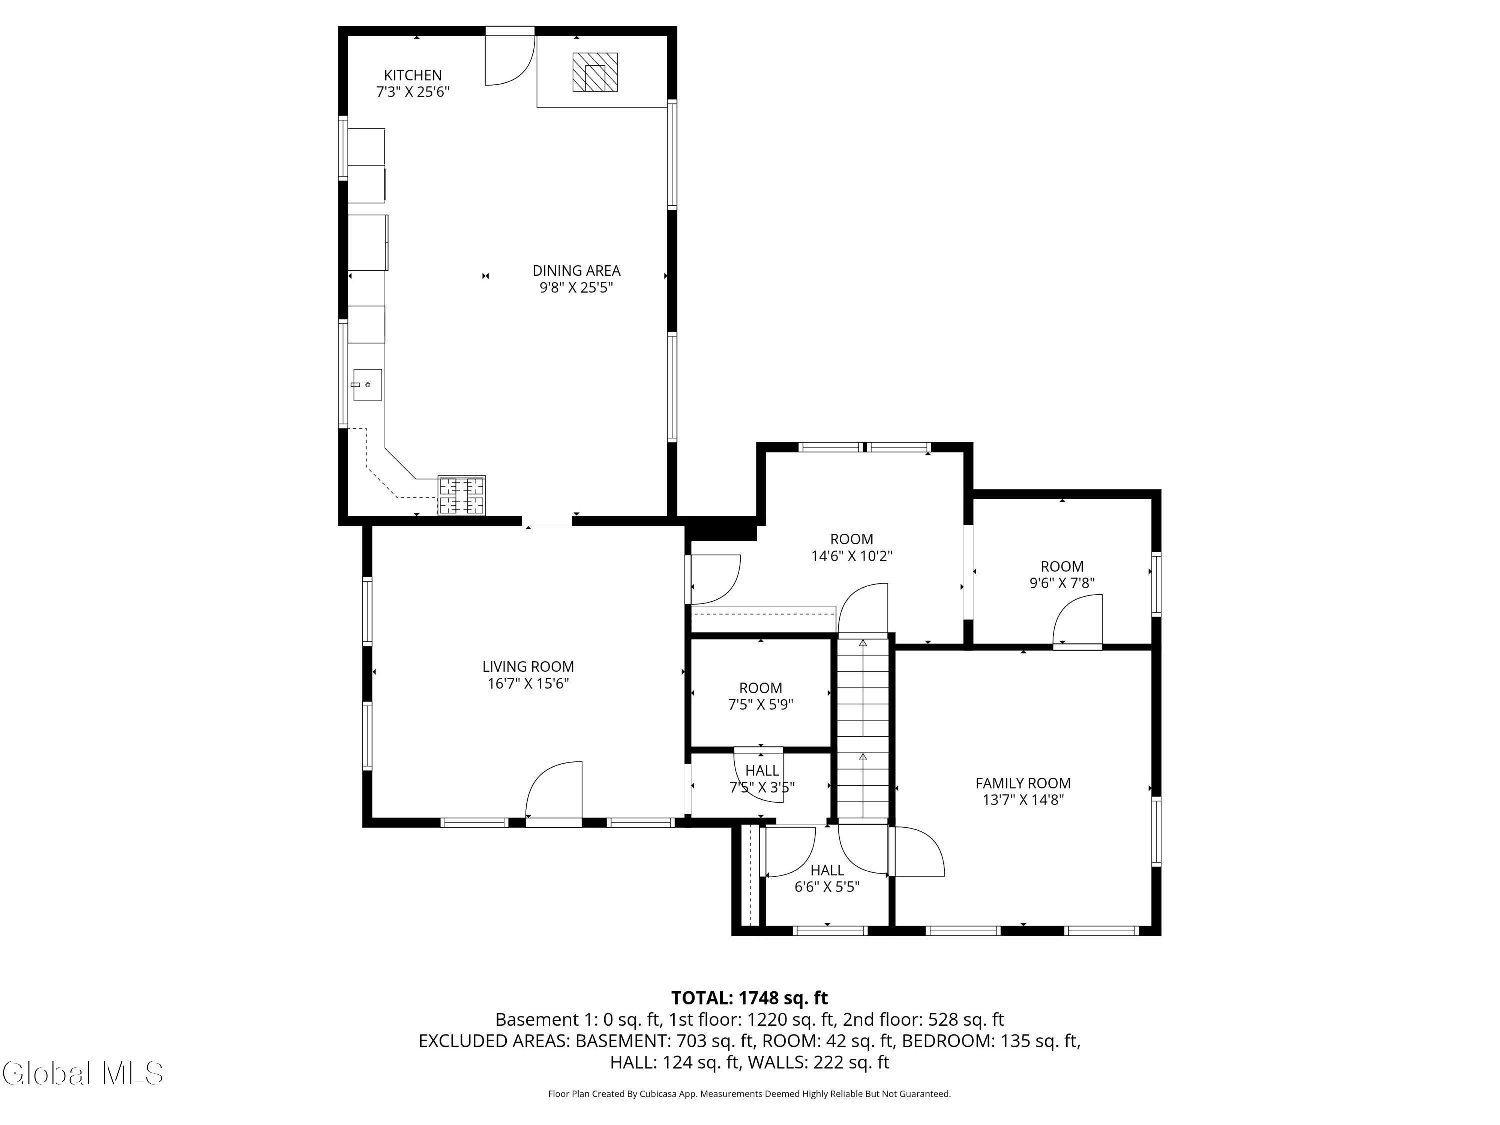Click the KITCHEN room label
(x=413, y=75)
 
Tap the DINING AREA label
(x=576, y=270)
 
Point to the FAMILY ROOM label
(x=1023, y=783)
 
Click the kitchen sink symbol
(x=367, y=385)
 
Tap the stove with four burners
(x=462, y=495)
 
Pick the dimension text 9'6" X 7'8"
(x=1062, y=583)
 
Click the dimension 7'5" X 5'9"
(x=761, y=704)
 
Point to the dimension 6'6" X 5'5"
(x=827, y=887)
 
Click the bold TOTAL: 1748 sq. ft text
(x=749, y=998)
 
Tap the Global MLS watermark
(x=82, y=1073)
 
